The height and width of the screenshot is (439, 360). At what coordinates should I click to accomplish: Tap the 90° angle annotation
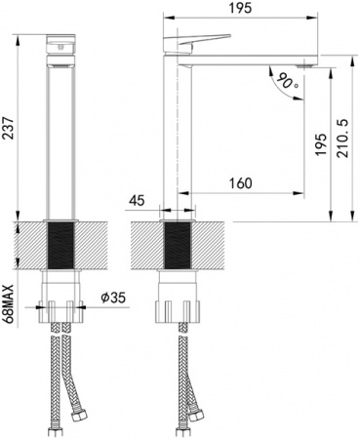pyautogui.click(x=283, y=81)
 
